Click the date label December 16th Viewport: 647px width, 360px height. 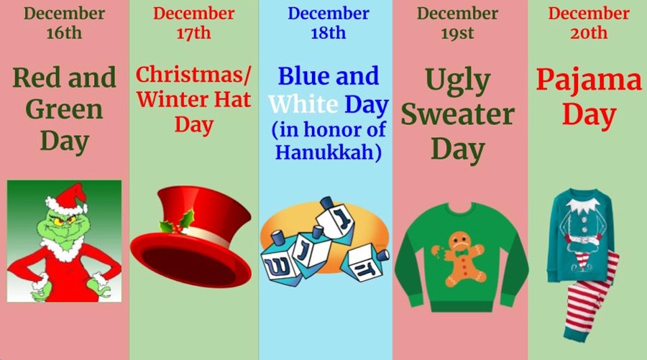(x=64, y=23)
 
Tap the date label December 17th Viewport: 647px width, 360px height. (x=193, y=23)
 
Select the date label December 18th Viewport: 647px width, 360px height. (x=328, y=23)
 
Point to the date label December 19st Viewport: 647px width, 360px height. (x=457, y=23)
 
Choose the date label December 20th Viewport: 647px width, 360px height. (x=589, y=23)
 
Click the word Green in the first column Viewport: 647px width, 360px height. (x=64, y=109)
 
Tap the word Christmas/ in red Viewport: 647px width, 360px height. (x=193, y=74)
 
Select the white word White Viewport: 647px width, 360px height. (x=303, y=105)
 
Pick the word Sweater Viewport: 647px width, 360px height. (x=458, y=115)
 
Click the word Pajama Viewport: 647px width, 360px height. (x=589, y=80)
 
